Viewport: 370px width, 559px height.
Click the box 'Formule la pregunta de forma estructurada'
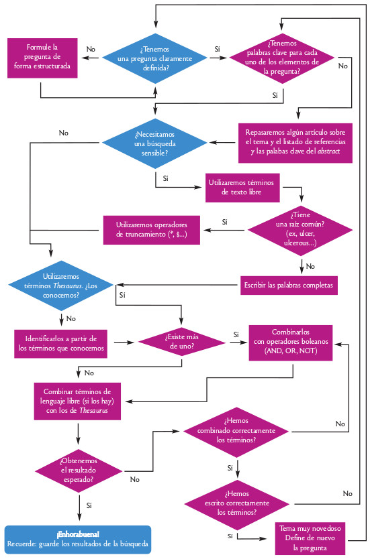coord(42,57)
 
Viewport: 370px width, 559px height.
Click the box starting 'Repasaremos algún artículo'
coord(296,142)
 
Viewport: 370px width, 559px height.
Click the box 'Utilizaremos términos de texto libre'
coord(242,188)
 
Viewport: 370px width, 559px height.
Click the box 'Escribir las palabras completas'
coord(289,285)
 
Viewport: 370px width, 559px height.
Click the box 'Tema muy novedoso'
coord(309,538)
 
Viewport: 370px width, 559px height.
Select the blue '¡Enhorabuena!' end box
coord(79,539)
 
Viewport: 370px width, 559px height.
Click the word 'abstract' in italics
coord(338,152)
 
